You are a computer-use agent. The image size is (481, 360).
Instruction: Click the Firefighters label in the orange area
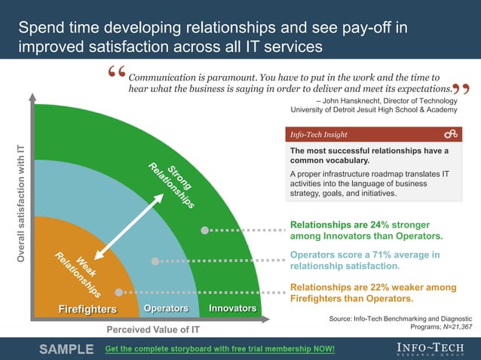pos(87,310)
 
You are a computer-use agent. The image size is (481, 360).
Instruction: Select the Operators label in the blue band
pos(166,309)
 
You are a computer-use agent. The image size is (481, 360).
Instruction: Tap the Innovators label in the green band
pos(232,309)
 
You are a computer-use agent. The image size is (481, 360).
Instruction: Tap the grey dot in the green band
pos(204,230)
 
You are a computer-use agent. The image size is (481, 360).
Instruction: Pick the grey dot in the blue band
pos(155,261)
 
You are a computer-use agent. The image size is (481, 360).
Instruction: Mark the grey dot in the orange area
pos(118,292)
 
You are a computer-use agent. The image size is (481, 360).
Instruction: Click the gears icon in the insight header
pos(451,134)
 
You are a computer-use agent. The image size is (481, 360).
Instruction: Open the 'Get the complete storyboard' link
pos(219,349)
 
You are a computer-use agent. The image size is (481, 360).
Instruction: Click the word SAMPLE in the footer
pos(66,349)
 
